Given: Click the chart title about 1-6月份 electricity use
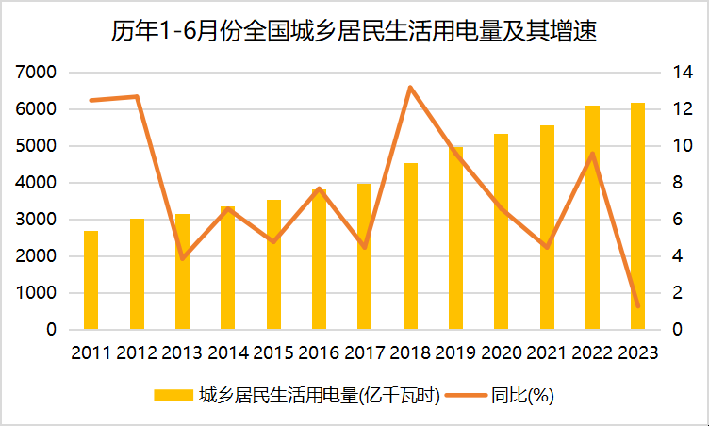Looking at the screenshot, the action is pyautogui.click(x=354, y=32).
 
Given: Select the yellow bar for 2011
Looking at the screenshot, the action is pyautogui.click(x=91, y=280).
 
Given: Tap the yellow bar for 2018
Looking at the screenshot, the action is pyautogui.click(x=410, y=246).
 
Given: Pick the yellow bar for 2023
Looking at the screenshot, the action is pyautogui.click(x=637, y=216).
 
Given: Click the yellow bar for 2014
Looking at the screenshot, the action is pyautogui.click(x=228, y=268).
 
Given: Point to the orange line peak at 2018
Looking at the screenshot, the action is pyautogui.click(x=410, y=87).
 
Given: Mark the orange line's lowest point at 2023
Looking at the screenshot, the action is pyautogui.click(x=638, y=306).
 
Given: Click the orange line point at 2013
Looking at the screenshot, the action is pyautogui.click(x=182, y=258).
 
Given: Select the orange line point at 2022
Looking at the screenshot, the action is pyautogui.click(x=592, y=154).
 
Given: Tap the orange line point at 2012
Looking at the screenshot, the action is pyautogui.click(x=137, y=96).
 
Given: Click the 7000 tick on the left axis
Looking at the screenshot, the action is pyautogui.click(x=36, y=73).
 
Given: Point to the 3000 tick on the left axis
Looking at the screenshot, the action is pyautogui.click(x=36, y=220).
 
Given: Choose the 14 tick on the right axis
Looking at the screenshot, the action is pyautogui.click(x=683, y=73).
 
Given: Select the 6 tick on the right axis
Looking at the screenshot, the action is pyautogui.click(x=677, y=220).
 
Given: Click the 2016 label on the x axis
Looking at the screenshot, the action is pyautogui.click(x=319, y=352).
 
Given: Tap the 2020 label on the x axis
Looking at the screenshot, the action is pyautogui.click(x=501, y=352).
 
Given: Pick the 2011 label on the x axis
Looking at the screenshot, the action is pyautogui.click(x=91, y=352).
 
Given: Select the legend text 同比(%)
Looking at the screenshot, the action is pyautogui.click(x=522, y=396).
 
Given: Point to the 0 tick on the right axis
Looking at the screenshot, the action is pyautogui.click(x=677, y=329).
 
